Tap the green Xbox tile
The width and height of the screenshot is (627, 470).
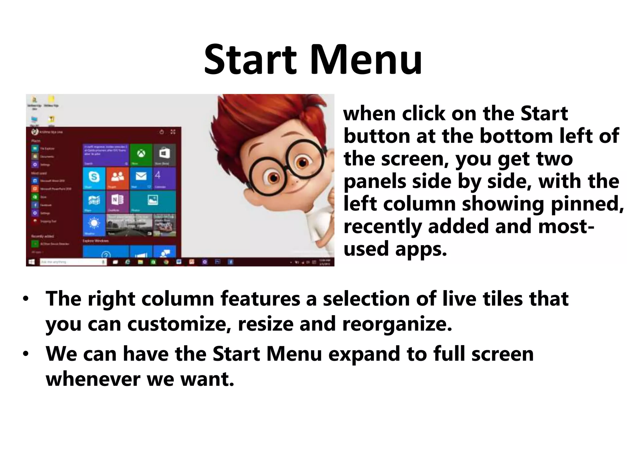[x=141, y=155]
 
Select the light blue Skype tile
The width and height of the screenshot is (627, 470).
[x=94, y=178]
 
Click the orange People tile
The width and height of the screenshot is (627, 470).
[x=117, y=178]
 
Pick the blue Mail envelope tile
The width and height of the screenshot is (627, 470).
[x=141, y=178]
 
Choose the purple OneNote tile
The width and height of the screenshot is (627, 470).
[x=117, y=201]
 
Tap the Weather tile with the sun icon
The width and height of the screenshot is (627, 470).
[x=94, y=225]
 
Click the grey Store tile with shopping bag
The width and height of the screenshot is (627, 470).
[x=164, y=155]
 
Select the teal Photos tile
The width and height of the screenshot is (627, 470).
[x=152, y=201]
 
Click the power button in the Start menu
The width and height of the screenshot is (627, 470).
[x=162, y=132]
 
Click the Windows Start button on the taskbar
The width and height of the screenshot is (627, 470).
[x=31, y=262]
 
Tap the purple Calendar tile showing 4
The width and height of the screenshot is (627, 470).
[x=164, y=178]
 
